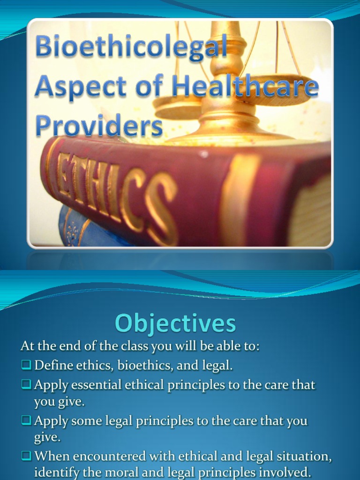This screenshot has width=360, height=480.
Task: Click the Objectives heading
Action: click(x=175, y=323)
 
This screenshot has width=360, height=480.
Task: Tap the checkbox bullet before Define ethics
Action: click(x=26, y=365)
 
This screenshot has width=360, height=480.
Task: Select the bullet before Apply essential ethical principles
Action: click(x=26, y=385)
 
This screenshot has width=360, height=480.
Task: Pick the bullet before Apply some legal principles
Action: click(x=26, y=420)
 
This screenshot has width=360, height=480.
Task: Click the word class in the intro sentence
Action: click(x=132, y=347)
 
